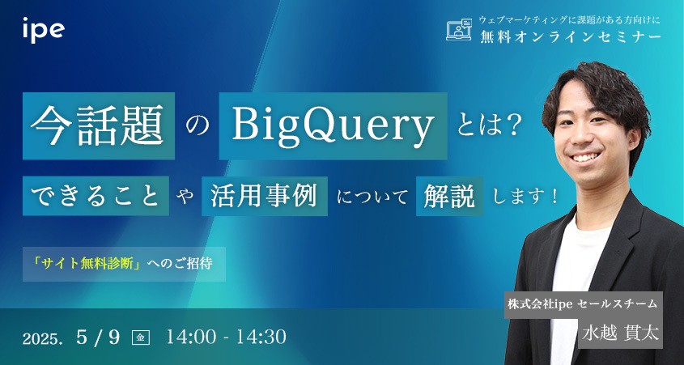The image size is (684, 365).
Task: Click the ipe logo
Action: (43, 30)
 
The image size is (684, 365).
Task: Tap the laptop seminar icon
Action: (459, 30)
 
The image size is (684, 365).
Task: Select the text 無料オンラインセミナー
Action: (570, 37)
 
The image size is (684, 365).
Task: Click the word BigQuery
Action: (334, 125)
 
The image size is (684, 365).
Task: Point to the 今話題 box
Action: (99, 125)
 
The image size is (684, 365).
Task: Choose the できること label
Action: (96, 196)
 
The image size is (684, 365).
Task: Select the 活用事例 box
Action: (265, 196)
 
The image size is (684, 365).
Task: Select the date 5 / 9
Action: (98, 337)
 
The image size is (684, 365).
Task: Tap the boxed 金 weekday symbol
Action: (141, 338)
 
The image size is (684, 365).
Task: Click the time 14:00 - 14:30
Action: (227, 337)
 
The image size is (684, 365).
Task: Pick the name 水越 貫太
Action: (620, 333)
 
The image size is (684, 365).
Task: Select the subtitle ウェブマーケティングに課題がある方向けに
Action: (571, 20)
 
